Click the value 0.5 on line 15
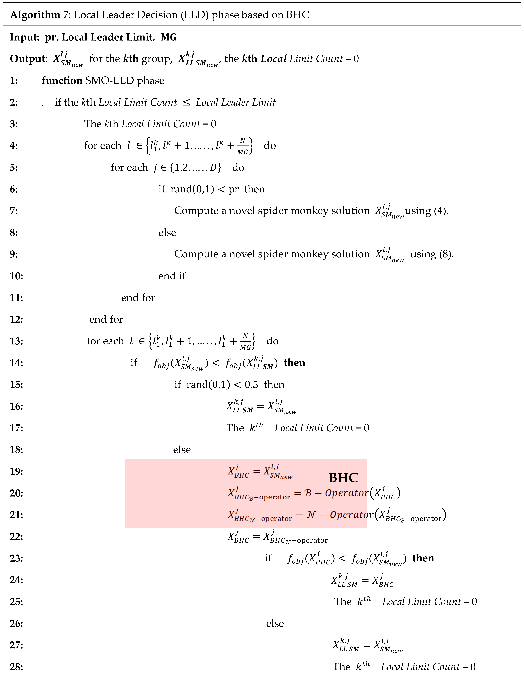pos(251,385)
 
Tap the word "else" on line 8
pos(167,233)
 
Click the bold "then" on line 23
pos(423,558)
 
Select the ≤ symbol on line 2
pos(186,103)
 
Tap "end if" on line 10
pos(172,276)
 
